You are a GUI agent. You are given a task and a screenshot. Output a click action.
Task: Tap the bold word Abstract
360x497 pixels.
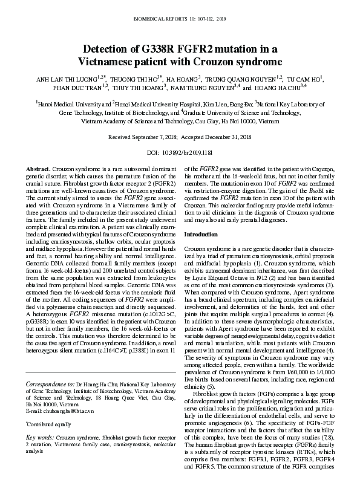[39, 167]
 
